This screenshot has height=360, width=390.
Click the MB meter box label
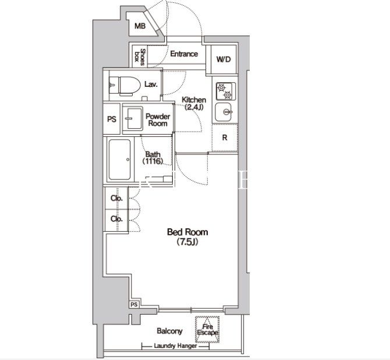tap(140, 26)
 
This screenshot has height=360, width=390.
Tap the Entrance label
tap(184, 54)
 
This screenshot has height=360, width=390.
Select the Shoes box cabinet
tap(140, 57)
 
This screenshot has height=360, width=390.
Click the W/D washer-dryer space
tap(224, 59)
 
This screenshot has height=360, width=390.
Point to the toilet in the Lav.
tap(125, 86)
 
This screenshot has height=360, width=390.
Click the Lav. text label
tap(151, 84)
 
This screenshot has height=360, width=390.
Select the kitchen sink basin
tap(224, 112)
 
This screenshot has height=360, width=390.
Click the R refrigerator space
tap(225, 137)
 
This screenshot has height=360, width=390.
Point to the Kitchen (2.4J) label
tap(194, 103)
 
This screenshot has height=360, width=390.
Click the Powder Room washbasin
tap(133, 119)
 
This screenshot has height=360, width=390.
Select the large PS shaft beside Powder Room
tap(112, 119)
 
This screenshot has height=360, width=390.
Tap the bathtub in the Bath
tap(120, 160)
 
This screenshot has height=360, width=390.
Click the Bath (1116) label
tap(153, 158)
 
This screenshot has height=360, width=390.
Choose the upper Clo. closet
tap(116, 198)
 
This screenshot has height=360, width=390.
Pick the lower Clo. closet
tap(116, 219)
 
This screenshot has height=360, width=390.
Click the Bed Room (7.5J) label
tap(187, 237)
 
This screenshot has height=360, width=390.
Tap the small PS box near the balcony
tap(134, 305)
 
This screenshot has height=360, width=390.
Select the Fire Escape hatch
tap(207, 329)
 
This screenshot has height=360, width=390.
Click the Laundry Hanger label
tap(175, 346)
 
